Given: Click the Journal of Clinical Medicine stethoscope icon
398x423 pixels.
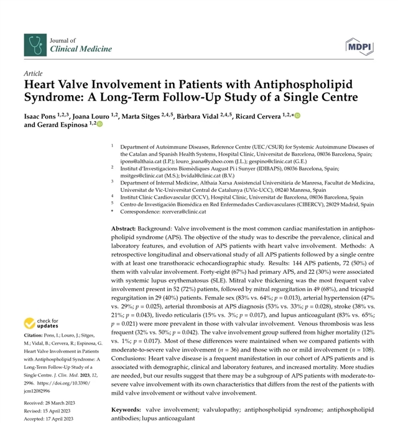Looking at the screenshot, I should coord(34,44).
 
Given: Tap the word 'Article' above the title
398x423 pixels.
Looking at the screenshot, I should coord(34,73).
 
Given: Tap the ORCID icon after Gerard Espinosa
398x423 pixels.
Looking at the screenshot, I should coord(99,125).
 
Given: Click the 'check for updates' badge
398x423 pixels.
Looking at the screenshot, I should coord(44,324).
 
